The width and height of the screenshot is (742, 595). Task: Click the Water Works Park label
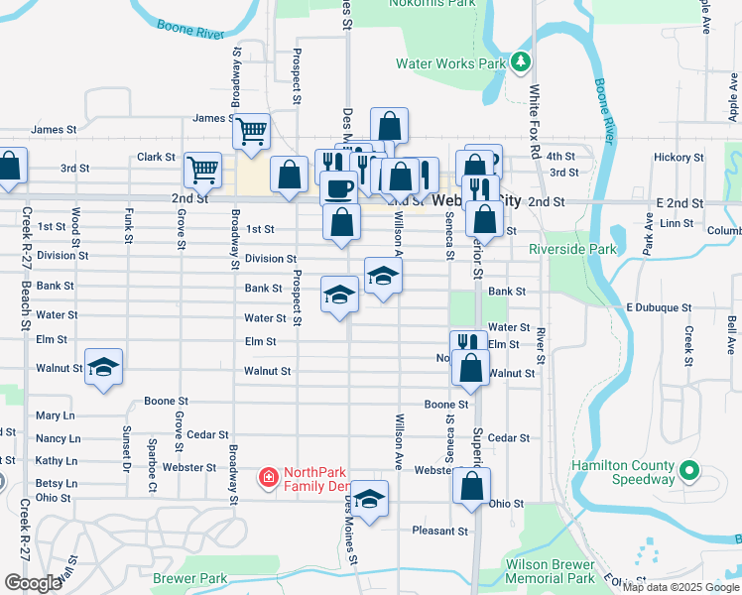pos(451,63)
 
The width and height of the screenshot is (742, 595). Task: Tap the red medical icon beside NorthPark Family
pos(267,479)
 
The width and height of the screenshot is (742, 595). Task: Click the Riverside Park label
pos(572,249)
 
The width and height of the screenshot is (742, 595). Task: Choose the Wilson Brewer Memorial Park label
pos(551,571)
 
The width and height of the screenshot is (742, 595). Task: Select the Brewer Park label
pos(190,578)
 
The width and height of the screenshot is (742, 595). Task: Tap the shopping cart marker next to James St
pos(252,129)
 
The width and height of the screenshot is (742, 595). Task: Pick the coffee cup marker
pos(339,187)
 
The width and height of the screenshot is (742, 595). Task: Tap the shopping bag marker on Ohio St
pos(472,486)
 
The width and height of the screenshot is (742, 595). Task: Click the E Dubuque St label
pos(658,307)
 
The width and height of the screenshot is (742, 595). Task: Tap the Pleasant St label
pos(439,531)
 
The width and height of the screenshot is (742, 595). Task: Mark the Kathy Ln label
pos(57,461)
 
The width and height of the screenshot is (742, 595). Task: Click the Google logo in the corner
pos(33,583)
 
